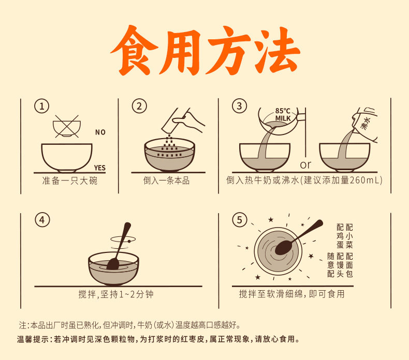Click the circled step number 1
click(42, 106)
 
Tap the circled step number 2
click(139, 106)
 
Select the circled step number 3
click(239, 106)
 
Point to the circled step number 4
click(42, 220)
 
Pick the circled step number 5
click(240, 220)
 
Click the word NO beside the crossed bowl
click(100, 132)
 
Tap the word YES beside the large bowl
click(99, 168)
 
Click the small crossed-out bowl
click(67, 126)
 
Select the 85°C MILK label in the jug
click(283, 115)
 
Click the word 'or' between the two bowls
click(305, 165)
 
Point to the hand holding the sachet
click(188, 119)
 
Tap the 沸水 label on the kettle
click(366, 124)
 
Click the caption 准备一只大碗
click(70, 181)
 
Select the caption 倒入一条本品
click(166, 181)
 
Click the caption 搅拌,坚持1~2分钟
click(116, 294)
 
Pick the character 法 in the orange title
click(277, 50)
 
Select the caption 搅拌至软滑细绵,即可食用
click(292, 294)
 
